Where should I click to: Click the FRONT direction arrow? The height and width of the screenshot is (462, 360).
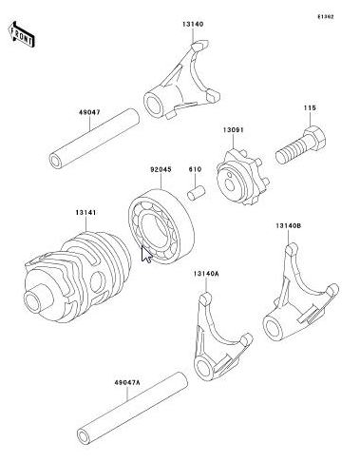coord(21,34)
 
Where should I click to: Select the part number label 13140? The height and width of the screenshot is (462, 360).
coord(193,24)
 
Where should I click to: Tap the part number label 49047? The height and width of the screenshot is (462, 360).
coord(89,112)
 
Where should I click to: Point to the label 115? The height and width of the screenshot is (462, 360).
coord(310,107)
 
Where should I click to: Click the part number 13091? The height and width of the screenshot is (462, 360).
coord(234,130)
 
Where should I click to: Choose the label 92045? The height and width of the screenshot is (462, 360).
coord(161,169)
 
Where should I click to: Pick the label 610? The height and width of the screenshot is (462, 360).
coord(195,169)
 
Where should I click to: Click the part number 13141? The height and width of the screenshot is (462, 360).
coord(85,213)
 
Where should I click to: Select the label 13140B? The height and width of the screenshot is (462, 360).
coord(288,226)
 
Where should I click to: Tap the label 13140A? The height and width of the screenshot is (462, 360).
coord(206,274)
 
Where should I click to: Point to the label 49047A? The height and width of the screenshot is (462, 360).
coord(127,383)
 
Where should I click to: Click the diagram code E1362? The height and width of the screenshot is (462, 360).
coord(326,17)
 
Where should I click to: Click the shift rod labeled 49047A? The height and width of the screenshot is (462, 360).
coord(133,409)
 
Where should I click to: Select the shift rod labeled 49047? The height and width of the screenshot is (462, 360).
coord(94,139)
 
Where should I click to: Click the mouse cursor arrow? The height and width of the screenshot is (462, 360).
coord(145,254)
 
